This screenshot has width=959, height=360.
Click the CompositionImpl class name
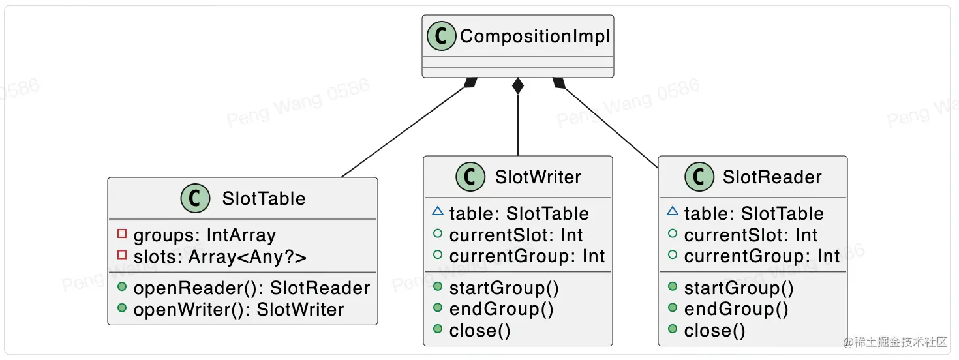pyautogui.click(x=534, y=37)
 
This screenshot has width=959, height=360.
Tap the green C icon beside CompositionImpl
pyautogui.click(x=442, y=37)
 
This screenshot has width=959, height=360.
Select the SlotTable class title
pyautogui.click(x=264, y=198)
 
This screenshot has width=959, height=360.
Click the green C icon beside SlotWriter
pyautogui.click(x=470, y=177)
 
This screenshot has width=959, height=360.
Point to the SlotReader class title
pyautogui.click(x=772, y=177)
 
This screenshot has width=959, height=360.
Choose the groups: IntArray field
pyautogui.click(x=204, y=235)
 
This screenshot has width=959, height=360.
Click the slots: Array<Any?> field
pyautogui.click(x=220, y=257)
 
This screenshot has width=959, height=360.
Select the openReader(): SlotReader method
pyautogui.click(x=251, y=288)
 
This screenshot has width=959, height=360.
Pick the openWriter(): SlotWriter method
pyautogui.click(x=238, y=309)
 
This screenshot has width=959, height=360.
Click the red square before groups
pyautogui.click(x=121, y=234)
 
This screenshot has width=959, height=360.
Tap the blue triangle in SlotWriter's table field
pyautogui.click(x=437, y=212)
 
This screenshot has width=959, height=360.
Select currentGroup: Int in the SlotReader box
pyautogui.click(x=762, y=256)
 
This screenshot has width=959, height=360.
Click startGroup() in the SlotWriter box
pyautogui.click(x=504, y=288)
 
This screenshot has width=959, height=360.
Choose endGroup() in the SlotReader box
pyautogui.click(x=736, y=308)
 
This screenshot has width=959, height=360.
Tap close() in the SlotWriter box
pyautogui.click(x=479, y=331)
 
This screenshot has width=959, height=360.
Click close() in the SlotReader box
pyautogui.click(x=714, y=331)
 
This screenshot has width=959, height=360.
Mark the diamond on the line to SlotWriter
pyautogui.click(x=518, y=86)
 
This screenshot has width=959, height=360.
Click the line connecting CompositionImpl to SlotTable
pyautogui.click(x=404, y=130)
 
